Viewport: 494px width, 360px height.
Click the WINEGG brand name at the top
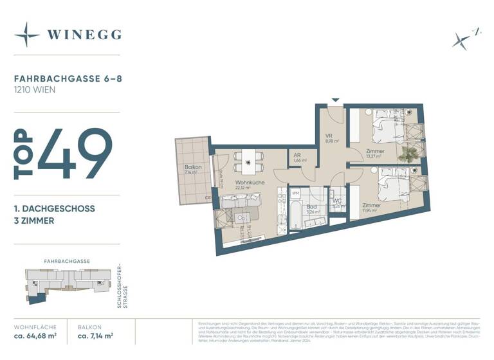pyautogui.click(x=84, y=35)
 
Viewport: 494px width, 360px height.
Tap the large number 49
pyautogui.click(x=75, y=154)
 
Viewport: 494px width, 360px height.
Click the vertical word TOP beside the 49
pyautogui.click(x=23, y=154)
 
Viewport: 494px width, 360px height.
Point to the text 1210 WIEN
pyautogui.click(x=35, y=90)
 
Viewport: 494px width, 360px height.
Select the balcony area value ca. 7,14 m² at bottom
pyautogui.click(x=96, y=336)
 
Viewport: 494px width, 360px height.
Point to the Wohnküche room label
pyautogui.click(x=249, y=183)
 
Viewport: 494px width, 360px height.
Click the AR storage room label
pyautogui.click(x=298, y=156)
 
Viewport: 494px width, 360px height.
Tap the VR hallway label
pyautogui.click(x=328, y=136)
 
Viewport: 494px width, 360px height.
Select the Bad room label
pyautogui.click(x=311, y=206)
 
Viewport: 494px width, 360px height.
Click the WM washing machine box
pyautogui.click(x=296, y=193)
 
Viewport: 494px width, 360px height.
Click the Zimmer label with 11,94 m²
pyautogui.click(x=370, y=206)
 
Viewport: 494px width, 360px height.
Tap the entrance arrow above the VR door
pyautogui.click(x=334, y=100)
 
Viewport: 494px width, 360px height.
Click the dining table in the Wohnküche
pyautogui.click(x=248, y=161)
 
